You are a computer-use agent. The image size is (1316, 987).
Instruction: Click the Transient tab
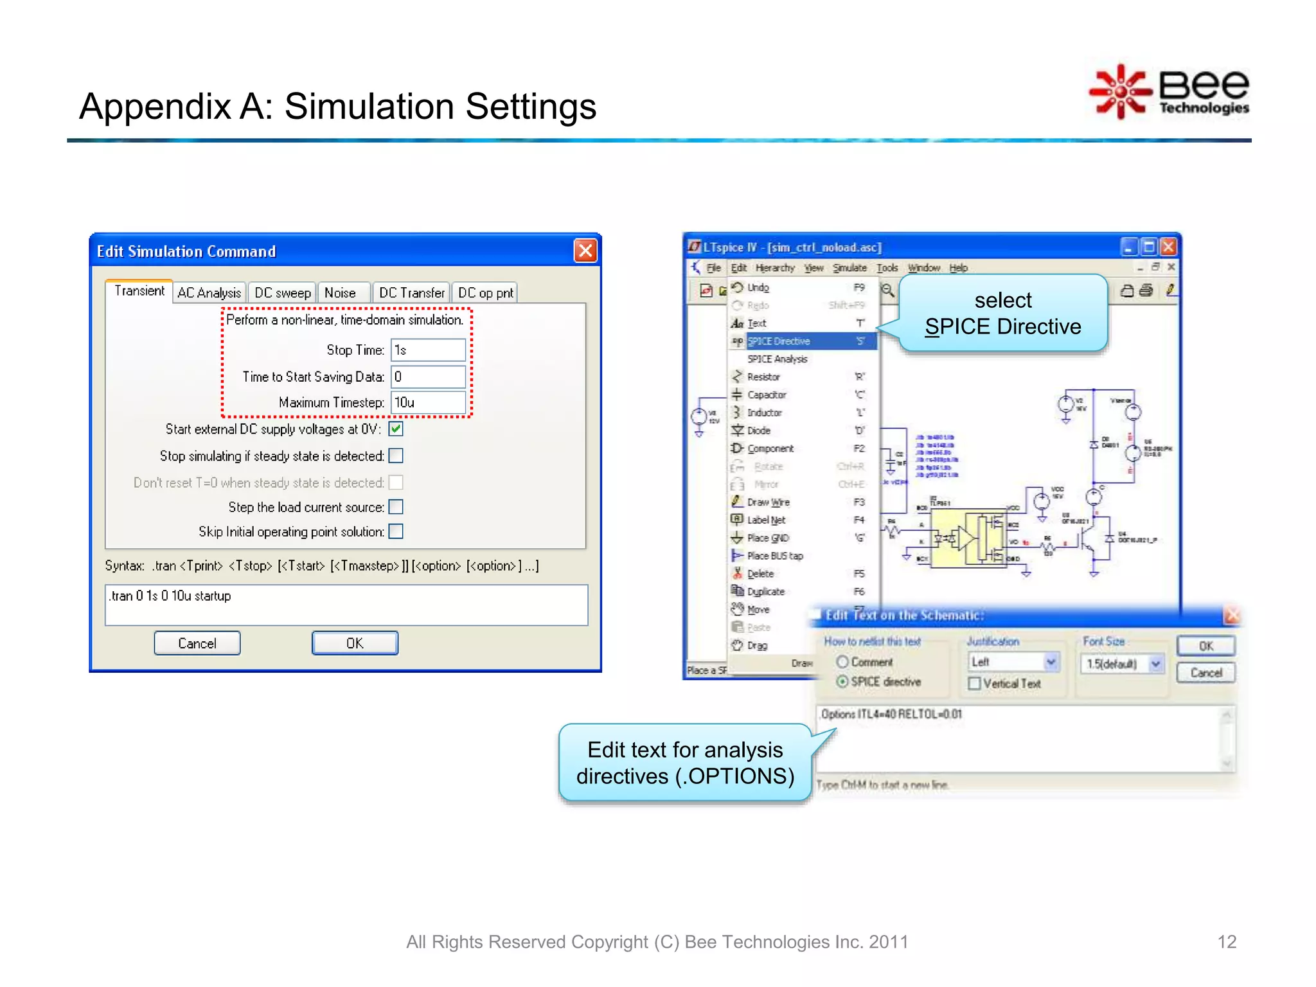pyautogui.click(x=139, y=291)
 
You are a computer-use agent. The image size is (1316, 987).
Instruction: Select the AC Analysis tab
pyautogui.click(x=209, y=293)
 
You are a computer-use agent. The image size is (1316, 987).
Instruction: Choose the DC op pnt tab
pyautogui.click(x=485, y=293)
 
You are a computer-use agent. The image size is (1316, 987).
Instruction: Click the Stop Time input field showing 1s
pyautogui.click(x=427, y=350)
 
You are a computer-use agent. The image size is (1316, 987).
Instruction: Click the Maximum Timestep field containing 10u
pyautogui.click(x=427, y=403)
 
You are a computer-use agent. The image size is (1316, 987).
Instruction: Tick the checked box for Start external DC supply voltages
pyautogui.click(x=396, y=429)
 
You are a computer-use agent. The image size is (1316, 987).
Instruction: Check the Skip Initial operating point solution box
pyautogui.click(x=396, y=531)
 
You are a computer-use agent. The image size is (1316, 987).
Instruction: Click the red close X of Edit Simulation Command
pyautogui.click(x=585, y=251)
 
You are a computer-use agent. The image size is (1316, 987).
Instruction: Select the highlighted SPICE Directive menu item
pyautogui.click(x=778, y=341)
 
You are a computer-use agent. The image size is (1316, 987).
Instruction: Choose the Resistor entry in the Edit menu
pyautogui.click(x=763, y=377)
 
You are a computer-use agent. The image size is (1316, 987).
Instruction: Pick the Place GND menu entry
pyautogui.click(x=768, y=538)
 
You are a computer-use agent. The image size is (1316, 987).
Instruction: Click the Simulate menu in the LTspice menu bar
pyautogui.click(x=849, y=268)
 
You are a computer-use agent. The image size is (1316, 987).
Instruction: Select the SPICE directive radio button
pyautogui.click(x=842, y=682)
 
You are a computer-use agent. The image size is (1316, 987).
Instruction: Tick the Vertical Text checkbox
pyautogui.click(x=975, y=684)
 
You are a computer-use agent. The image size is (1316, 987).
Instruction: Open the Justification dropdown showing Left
pyautogui.click(x=1051, y=662)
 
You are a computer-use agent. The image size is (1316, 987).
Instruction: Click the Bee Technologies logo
pyautogui.click(x=1169, y=92)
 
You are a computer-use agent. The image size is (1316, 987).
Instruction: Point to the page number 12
pyautogui.click(x=1226, y=942)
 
